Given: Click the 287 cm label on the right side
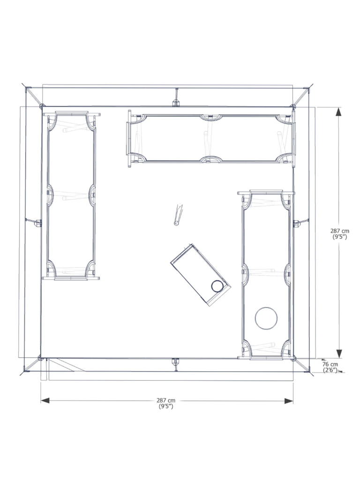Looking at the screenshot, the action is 339,231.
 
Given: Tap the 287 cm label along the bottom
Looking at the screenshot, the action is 166,400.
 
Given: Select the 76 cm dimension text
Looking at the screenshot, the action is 330,364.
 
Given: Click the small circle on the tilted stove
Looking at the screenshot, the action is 217,286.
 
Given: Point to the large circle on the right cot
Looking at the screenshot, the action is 266,318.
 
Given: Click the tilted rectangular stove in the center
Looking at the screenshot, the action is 201,275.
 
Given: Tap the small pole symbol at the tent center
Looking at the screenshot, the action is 178,215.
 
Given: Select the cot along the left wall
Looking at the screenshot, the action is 71,196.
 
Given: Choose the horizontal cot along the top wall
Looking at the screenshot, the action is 211,138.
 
